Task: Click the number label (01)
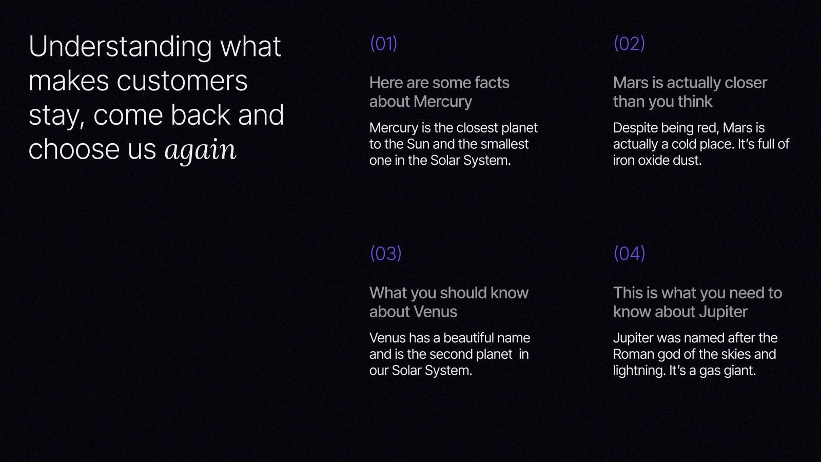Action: (x=383, y=44)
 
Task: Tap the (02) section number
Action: (x=629, y=44)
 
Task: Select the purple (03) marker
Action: (x=385, y=254)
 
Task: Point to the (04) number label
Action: (x=629, y=254)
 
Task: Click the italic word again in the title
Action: (x=200, y=150)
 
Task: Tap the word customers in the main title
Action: (x=182, y=81)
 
